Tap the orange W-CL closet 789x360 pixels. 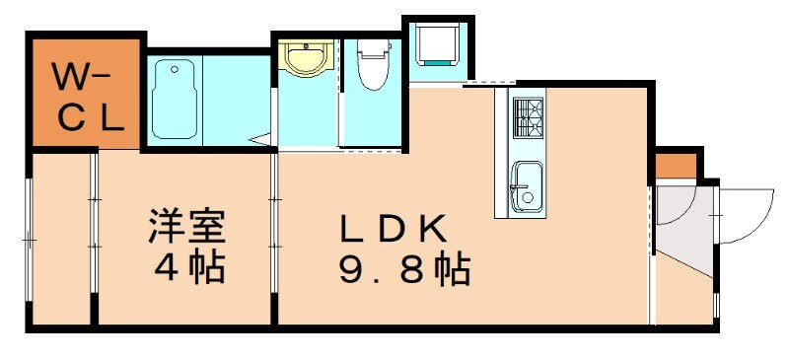(87, 96)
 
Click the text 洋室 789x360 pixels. (187, 227)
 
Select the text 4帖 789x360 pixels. (187, 267)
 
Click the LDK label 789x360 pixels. (394, 228)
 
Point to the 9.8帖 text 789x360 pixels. (404, 268)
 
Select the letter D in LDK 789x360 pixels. (394, 228)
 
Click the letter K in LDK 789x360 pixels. (437, 228)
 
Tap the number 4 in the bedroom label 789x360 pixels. (163, 267)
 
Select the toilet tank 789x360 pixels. (372, 43)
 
